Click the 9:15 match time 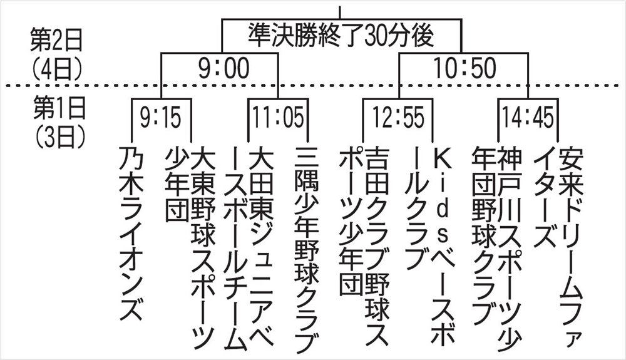[x=160, y=118]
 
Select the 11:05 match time [x=279, y=118]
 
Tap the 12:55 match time [x=398, y=118]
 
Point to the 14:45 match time [x=528, y=118]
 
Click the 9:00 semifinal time [x=224, y=68]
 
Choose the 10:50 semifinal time [x=464, y=68]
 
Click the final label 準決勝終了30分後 [x=341, y=35]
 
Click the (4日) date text [x=57, y=69]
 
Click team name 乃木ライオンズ [x=131, y=233]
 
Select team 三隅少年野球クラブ [x=307, y=249]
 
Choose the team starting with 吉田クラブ [x=364, y=245]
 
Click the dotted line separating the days [x=313, y=85]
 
